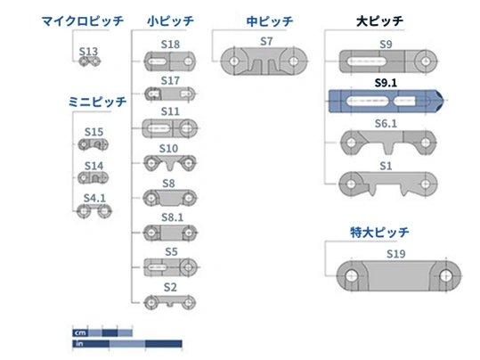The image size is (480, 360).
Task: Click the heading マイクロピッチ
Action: tap(83, 21)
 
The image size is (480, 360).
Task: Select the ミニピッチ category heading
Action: tap(97, 102)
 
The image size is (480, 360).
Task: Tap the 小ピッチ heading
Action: tap(170, 21)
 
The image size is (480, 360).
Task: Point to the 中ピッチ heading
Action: tap(270, 21)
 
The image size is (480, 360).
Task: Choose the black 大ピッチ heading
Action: tap(380, 21)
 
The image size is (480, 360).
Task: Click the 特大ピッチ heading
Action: tap(379, 233)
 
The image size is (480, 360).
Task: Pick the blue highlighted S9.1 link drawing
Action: tap(386, 101)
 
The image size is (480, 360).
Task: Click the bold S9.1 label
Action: tap(386, 83)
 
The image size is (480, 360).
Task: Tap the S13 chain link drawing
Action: tap(89, 61)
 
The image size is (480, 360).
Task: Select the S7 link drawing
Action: tap(264, 61)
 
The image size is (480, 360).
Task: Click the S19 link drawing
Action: tap(399, 275)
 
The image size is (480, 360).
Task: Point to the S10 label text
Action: tap(168, 149)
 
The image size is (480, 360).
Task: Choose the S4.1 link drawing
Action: tap(94, 211)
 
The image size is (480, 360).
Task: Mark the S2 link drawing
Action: tap(170, 302)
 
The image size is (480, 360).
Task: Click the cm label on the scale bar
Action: tap(80, 332)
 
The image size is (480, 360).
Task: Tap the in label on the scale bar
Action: tap(79, 344)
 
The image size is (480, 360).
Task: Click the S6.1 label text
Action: tap(386, 124)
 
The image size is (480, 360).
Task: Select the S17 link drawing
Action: tap(170, 94)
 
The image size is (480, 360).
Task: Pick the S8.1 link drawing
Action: tap(170, 233)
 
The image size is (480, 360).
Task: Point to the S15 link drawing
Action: tap(93, 144)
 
